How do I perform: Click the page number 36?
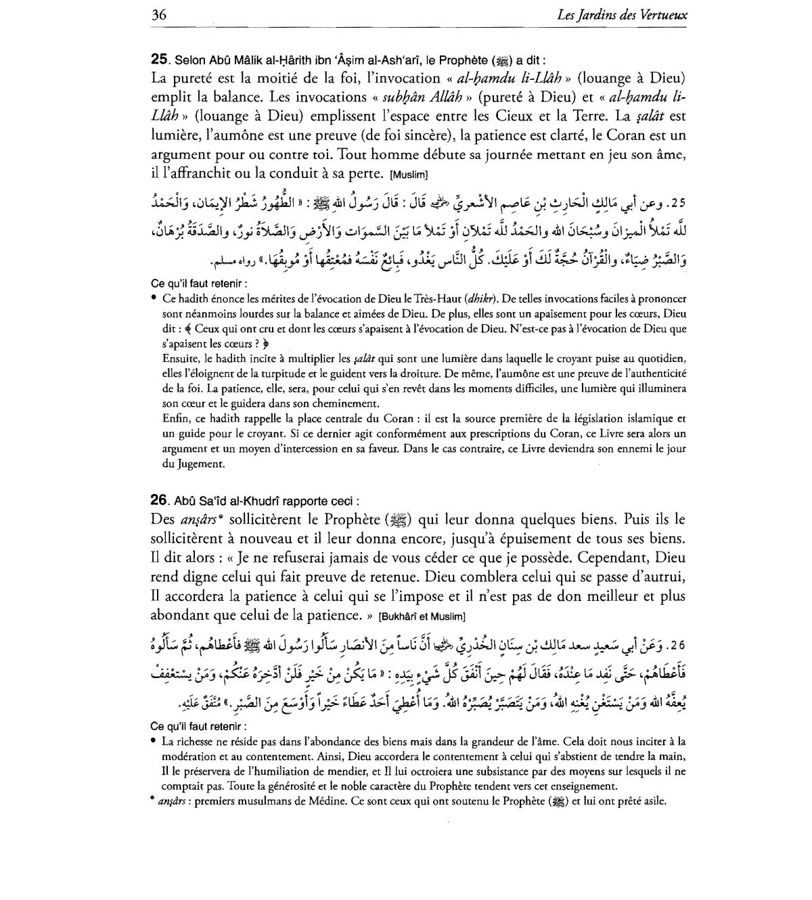coord(159,14)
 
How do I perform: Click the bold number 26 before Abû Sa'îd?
coord(159,501)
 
